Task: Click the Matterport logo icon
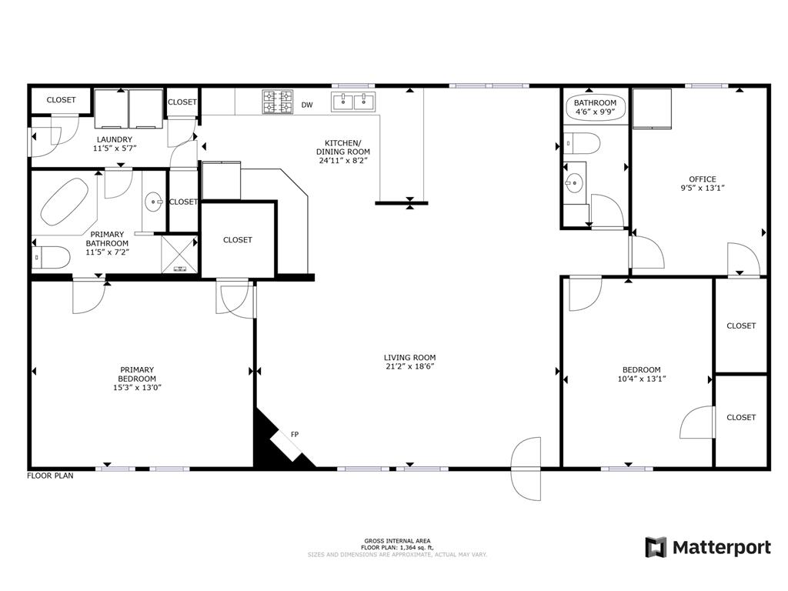pyautogui.click(x=656, y=547)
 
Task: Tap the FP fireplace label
pyautogui.click(x=295, y=434)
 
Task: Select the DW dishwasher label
pyautogui.click(x=307, y=105)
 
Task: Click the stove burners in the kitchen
pyautogui.click(x=277, y=102)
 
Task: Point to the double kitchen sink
pyautogui.click(x=352, y=102)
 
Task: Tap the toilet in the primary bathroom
pyautogui.click(x=50, y=258)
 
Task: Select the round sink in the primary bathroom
pyautogui.click(x=153, y=202)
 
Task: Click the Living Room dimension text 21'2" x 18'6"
pyautogui.click(x=409, y=366)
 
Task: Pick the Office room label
pyautogui.click(x=703, y=179)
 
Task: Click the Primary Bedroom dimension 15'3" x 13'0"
pyautogui.click(x=137, y=388)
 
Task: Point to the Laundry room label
pyautogui.click(x=115, y=139)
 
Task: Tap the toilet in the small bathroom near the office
pyautogui.click(x=582, y=144)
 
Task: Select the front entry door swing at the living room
pyautogui.click(x=526, y=469)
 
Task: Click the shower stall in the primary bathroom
pyautogui.click(x=179, y=254)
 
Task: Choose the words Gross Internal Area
pyautogui.click(x=397, y=541)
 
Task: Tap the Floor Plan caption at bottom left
pyautogui.click(x=50, y=476)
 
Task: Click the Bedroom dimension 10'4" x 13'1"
pyautogui.click(x=642, y=379)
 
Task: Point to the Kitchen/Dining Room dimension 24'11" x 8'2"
pyautogui.click(x=344, y=161)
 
